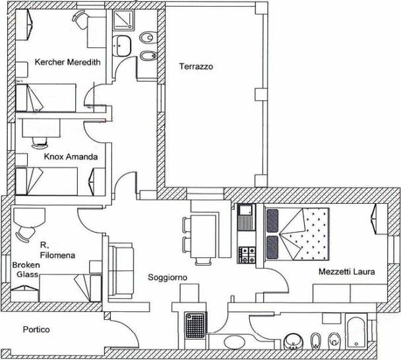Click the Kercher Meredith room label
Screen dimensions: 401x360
(67, 62)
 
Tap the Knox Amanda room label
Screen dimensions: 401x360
(71, 156)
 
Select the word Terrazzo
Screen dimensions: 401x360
(196, 67)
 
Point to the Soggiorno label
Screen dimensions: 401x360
(168, 278)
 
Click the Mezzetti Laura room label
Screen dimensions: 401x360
(347, 272)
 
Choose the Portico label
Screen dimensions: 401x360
(36, 329)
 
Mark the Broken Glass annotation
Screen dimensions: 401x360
(26, 270)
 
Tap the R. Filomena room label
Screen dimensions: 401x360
(57, 251)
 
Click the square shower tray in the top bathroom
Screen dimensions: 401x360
(123, 20)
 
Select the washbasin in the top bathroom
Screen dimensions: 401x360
(122, 45)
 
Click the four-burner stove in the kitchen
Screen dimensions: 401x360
(247, 255)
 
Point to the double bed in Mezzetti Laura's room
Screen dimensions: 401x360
(297, 234)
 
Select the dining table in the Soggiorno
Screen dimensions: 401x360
(203, 236)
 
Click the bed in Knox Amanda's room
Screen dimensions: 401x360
(47, 181)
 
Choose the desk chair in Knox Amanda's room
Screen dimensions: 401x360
(40, 142)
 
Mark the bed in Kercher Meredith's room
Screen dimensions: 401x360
(46, 98)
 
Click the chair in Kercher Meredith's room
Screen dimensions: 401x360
(80, 19)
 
